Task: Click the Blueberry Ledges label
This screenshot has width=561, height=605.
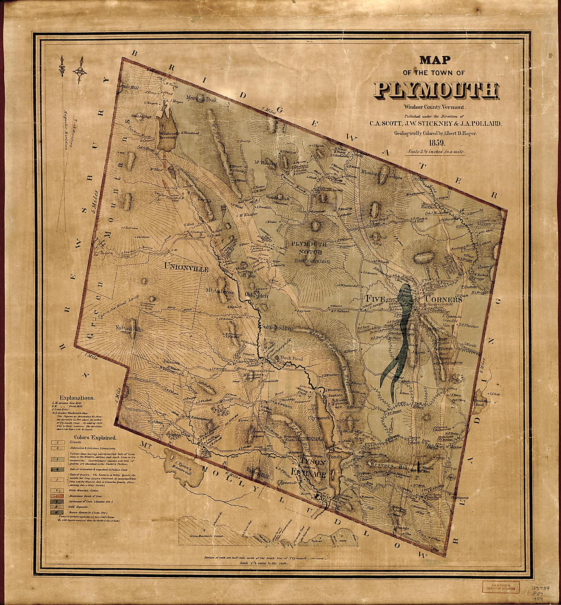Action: (x=382, y=178)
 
